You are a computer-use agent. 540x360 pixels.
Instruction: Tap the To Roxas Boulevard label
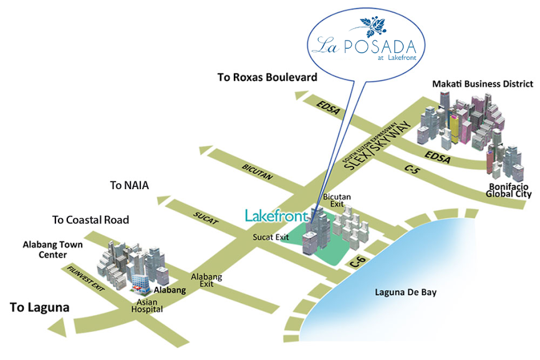267,77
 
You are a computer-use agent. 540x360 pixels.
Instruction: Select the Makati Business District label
483,83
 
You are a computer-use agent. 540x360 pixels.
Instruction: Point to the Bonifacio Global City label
509,190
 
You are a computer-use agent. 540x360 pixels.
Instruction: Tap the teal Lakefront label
276,216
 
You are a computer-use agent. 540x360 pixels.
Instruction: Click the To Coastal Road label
90,220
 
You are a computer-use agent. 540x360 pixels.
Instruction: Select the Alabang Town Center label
53,250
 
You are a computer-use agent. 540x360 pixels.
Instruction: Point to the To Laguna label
39,308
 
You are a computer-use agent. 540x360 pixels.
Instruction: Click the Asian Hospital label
147,304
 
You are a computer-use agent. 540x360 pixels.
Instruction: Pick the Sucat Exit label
271,237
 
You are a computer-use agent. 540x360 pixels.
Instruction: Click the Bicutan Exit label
337,200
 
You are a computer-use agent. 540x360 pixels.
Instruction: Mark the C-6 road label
357,261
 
